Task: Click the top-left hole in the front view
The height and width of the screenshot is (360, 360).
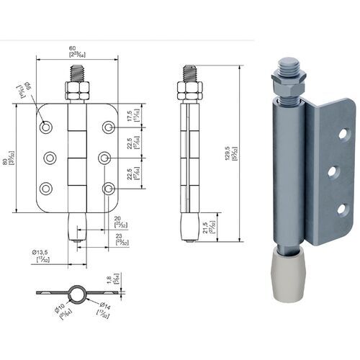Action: click(x=46, y=127)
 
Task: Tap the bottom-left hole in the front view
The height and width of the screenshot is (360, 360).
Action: click(x=46, y=188)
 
